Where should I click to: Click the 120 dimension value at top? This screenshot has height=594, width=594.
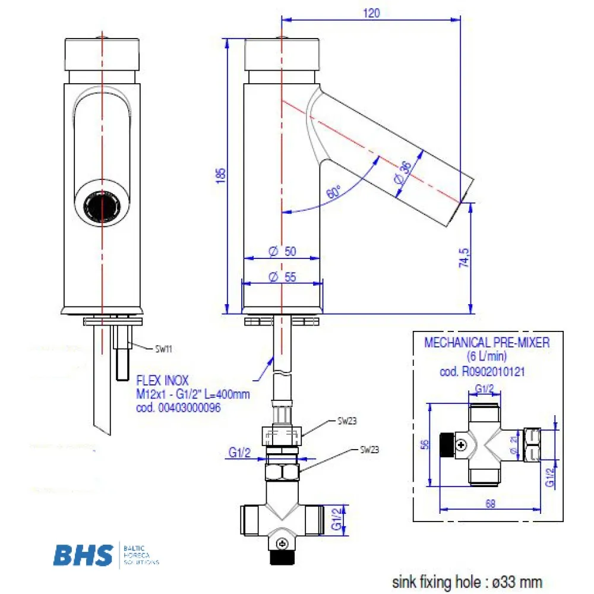click(x=371, y=12)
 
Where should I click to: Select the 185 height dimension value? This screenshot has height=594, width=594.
click(x=222, y=174)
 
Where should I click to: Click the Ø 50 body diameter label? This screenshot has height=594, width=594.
click(x=282, y=252)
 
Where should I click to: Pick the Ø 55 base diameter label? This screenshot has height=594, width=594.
click(x=282, y=277)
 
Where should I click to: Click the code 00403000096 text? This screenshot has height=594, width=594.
click(x=175, y=409)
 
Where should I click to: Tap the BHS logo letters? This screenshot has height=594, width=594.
click(x=83, y=555)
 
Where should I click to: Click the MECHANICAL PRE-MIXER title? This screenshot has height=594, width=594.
click(x=487, y=343)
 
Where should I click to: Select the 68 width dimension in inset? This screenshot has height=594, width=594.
click(x=491, y=504)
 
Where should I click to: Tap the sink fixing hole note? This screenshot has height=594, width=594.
click(x=467, y=581)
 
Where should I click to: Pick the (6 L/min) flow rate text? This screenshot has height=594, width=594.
click(x=487, y=358)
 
